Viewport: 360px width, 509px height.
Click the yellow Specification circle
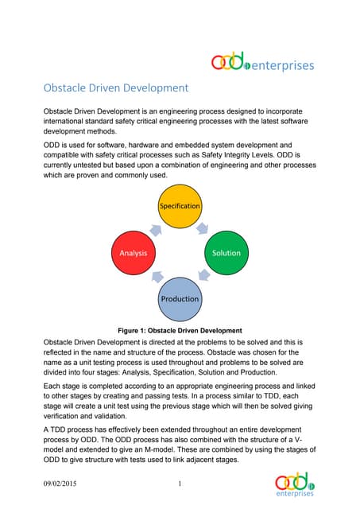pyautogui.click(x=180, y=206)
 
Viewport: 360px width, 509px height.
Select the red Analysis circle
pyautogui.click(x=134, y=253)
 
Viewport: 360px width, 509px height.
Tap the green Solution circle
pyautogui.click(x=226, y=253)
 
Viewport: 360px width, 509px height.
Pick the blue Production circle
pyautogui.click(x=180, y=298)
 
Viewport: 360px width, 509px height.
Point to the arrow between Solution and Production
pyautogui.click(x=205, y=278)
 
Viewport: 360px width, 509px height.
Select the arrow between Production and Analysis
pyautogui.click(x=155, y=278)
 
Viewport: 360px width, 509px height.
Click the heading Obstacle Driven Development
pyautogui.click(x=115, y=87)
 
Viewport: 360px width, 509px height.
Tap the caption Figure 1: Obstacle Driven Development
pyautogui.click(x=180, y=330)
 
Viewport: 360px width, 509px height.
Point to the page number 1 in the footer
pyautogui.click(x=180, y=483)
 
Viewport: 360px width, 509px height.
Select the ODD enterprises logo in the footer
pyautogui.click(x=296, y=484)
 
